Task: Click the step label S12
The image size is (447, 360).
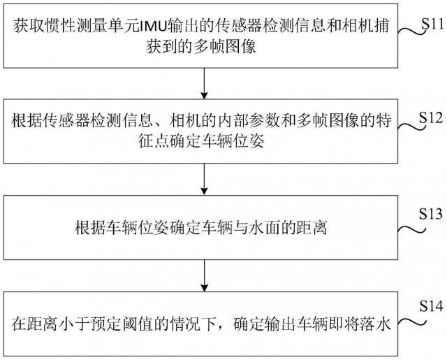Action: tap(431, 117)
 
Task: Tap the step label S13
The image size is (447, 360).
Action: tap(431, 214)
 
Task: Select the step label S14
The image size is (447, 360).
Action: tap(431, 306)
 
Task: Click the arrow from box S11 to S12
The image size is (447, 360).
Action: tap(204, 83)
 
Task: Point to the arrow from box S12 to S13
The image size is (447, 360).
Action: tap(204, 179)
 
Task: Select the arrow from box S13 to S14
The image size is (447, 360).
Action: tap(204, 275)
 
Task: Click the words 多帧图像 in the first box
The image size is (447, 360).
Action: tap(225, 47)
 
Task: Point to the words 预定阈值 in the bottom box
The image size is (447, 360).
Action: tap(123, 324)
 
